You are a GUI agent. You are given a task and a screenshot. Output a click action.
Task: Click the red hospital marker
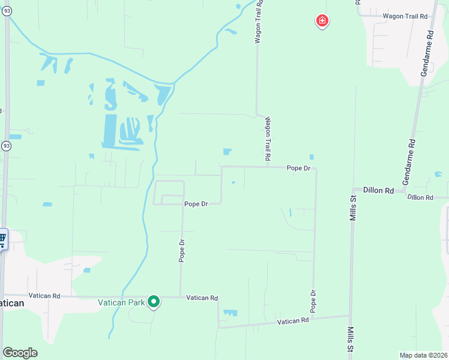(322, 22)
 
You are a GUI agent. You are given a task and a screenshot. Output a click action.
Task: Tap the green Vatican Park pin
(154, 302)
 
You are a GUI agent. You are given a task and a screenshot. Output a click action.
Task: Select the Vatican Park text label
(122, 303)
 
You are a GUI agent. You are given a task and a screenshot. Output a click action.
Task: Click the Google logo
(20, 353)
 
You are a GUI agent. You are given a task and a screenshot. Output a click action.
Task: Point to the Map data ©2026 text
(423, 355)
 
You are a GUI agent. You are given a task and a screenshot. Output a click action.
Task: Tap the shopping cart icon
(2, 240)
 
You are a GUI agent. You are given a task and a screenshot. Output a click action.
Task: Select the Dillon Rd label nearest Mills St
(378, 190)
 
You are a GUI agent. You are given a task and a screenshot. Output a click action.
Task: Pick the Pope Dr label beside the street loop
(196, 204)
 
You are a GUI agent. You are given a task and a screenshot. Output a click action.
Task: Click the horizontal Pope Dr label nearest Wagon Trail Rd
(298, 169)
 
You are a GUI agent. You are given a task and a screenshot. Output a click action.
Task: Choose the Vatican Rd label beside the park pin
(202, 298)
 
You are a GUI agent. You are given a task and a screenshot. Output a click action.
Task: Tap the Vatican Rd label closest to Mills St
(292, 322)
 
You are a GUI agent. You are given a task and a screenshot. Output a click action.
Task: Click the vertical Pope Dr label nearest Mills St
(313, 301)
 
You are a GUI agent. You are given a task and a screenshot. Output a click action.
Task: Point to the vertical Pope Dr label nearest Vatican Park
(181, 250)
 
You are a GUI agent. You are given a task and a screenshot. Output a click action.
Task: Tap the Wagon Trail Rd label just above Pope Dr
(268, 138)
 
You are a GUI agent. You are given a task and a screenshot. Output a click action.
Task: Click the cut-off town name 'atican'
(12, 304)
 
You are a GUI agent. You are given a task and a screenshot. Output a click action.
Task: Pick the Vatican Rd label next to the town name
(48, 296)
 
